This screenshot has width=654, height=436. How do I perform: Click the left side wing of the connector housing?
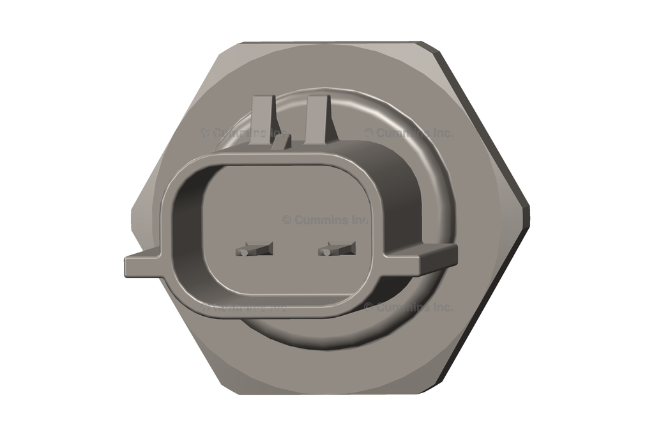pos(144,263)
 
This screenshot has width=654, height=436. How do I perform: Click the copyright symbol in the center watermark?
pos(287,219)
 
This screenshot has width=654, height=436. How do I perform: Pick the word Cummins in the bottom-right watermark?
pos(400,307)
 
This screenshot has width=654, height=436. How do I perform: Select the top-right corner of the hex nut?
pos(425,43)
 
